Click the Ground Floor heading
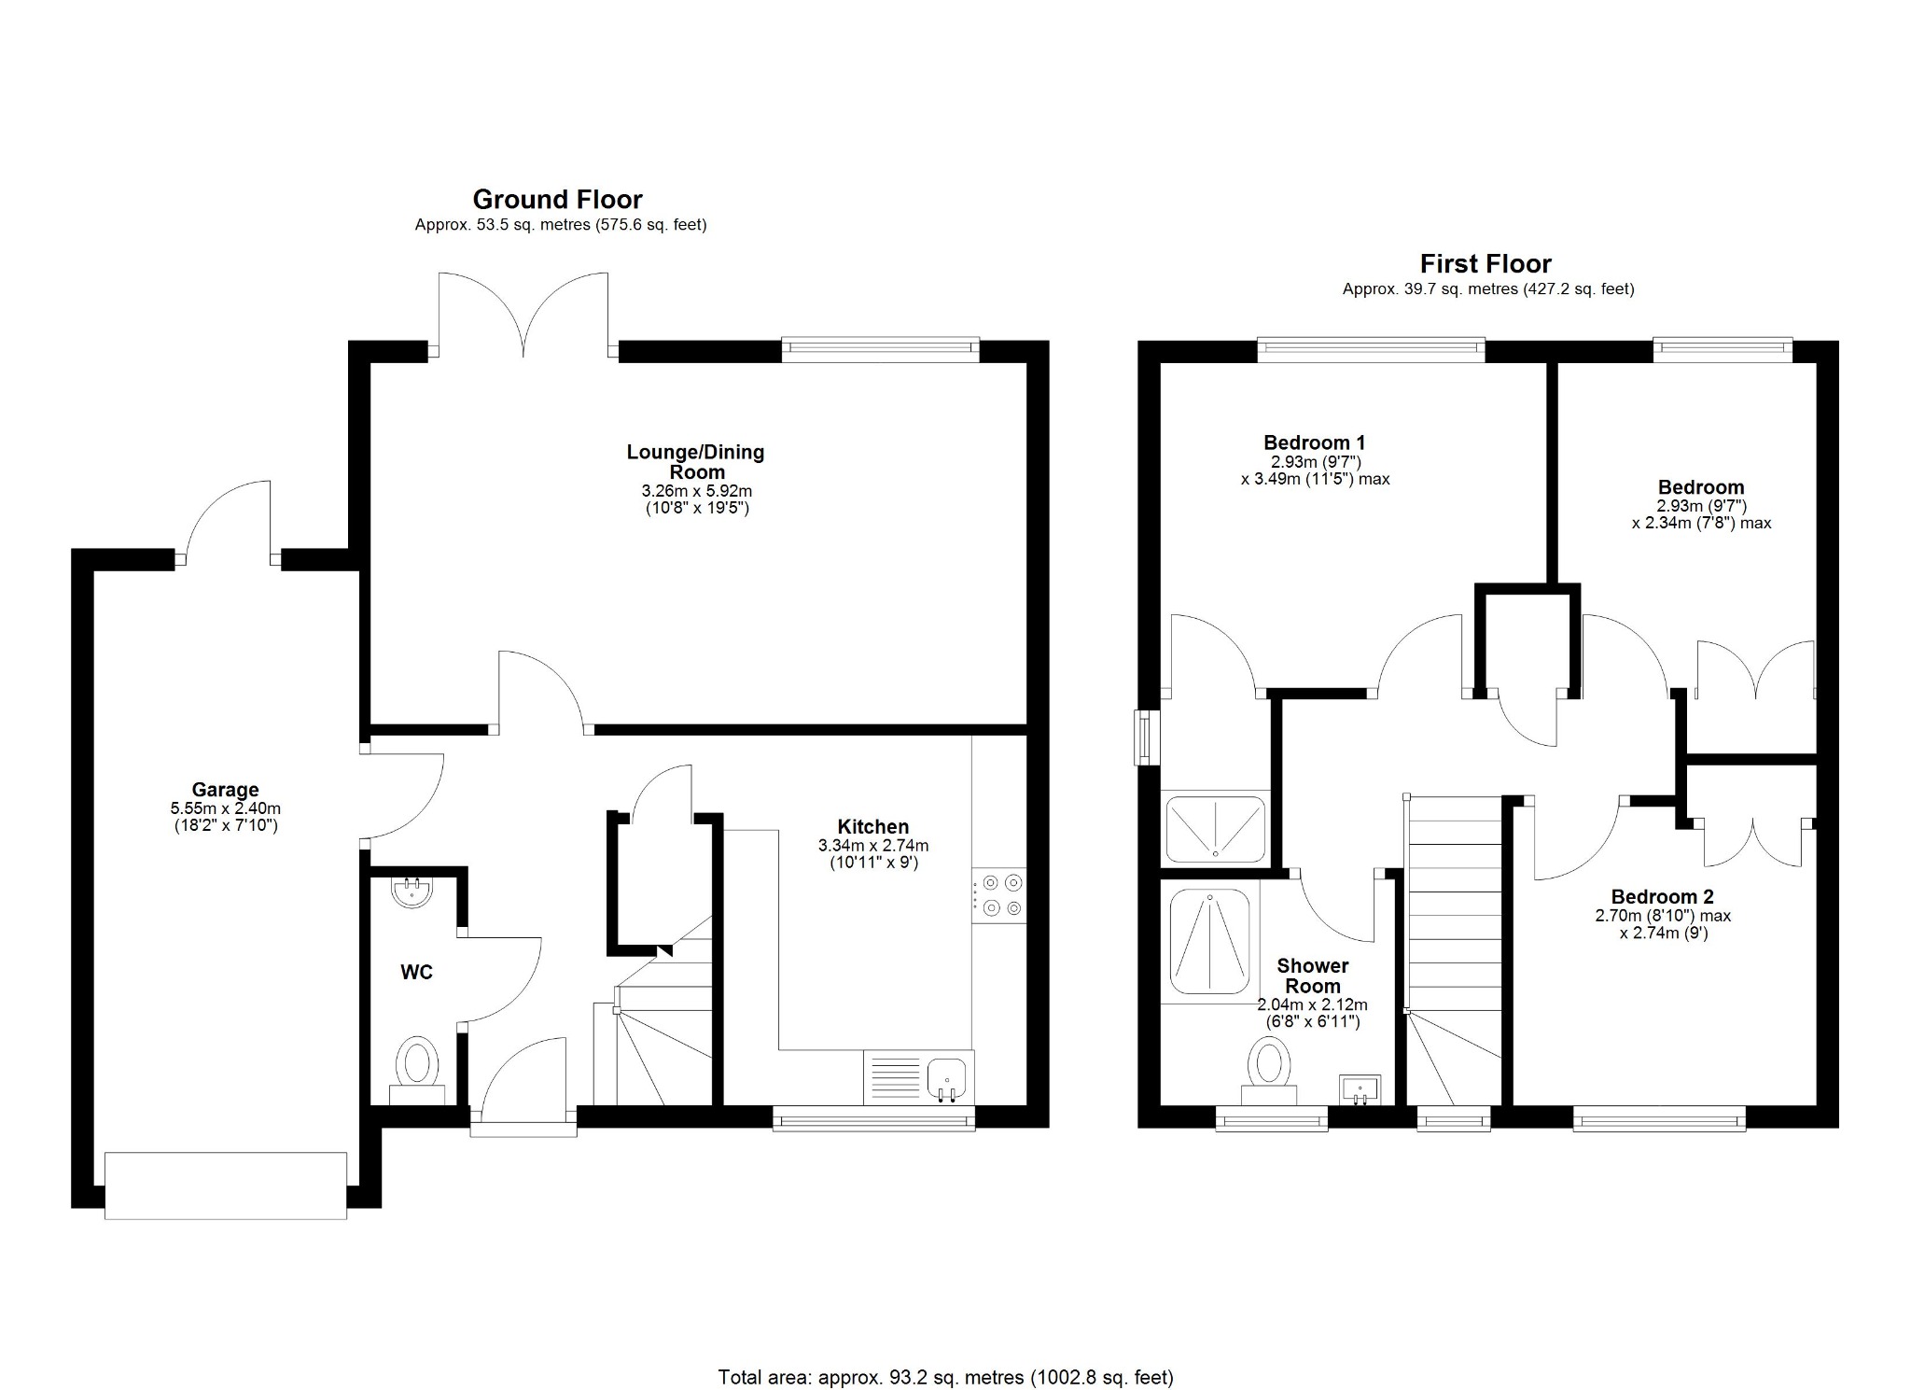click(557, 199)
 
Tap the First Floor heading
click(1486, 263)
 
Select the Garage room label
click(225, 790)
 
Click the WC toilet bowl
click(417, 1066)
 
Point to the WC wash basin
click(411, 892)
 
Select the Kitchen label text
click(872, 826)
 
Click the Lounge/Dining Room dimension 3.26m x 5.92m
click(696, 491)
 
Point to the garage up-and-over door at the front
click(226, 1185)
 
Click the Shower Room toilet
click(1268, 1072)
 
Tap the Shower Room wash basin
click(1360, 1088)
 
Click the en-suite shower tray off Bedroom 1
click(1216, 827)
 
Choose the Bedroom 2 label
click(1662, 897)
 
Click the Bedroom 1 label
click(1314, 442)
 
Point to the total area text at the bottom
click(945, 1377)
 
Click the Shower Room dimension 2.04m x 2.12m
click(1312, 1005)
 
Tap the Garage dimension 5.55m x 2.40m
click(225, 808)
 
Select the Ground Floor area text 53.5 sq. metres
click(560, 225)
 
